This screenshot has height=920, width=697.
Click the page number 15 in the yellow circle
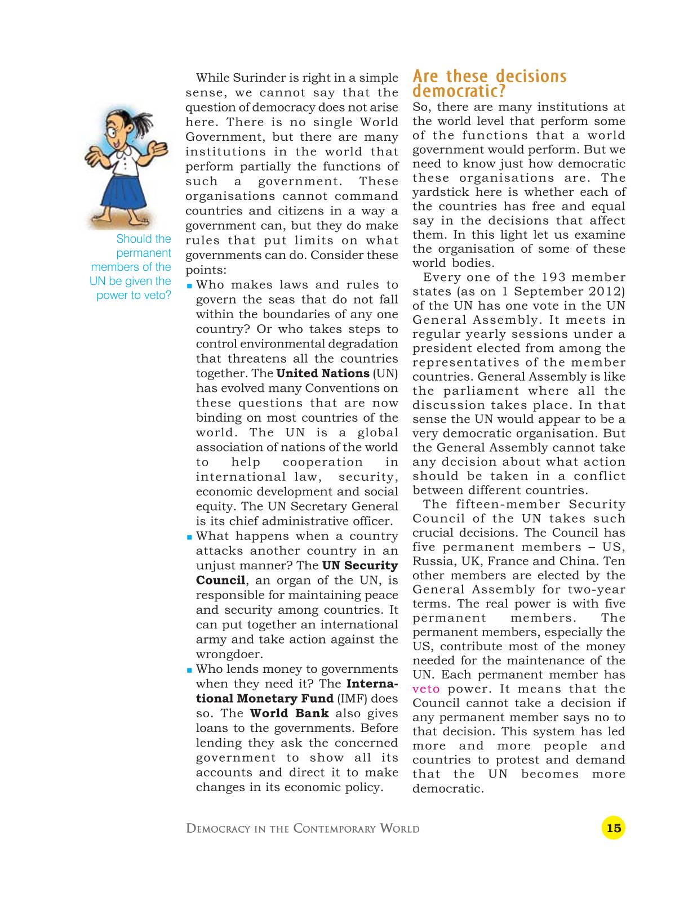[613, 828]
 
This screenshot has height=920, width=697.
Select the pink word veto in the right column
[425, 689]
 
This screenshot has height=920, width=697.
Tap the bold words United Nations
[322, 374]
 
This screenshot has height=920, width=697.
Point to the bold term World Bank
[289, 713]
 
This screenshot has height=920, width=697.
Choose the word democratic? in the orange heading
[459, 91]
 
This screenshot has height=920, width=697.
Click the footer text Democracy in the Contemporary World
[303, 829]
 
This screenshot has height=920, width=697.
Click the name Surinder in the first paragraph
[259, 78]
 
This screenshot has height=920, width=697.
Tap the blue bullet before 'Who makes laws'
[190, 286]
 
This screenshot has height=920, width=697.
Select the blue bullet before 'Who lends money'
[190, 670]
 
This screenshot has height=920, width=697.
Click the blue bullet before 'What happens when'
[190, 537]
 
